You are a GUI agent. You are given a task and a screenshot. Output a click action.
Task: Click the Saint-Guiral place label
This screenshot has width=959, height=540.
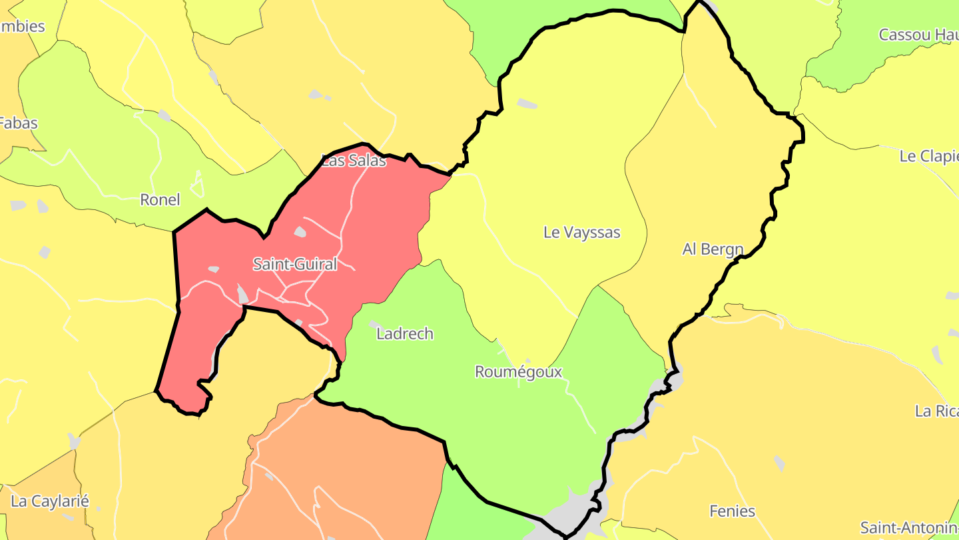pyautogui.click(x=294, y=264)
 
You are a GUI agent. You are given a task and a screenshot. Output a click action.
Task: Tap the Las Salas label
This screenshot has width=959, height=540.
pyautogui.click(x=354, y=161)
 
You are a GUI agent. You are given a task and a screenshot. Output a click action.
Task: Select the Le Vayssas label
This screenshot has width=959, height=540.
pyautogui.click(x=581, y=232)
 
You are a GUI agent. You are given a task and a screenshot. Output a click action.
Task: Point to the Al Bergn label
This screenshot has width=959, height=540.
pyautogui.click(x=713, y=249)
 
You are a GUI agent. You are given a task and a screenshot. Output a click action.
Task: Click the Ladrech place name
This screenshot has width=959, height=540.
pyautogui.click(x=404, y=333)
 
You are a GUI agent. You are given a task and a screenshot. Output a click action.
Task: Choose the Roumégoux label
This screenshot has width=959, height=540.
pyautogui.click(x=518, y=371)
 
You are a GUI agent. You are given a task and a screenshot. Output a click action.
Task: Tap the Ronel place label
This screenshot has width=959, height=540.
pyautogui.click(x=160, y=199)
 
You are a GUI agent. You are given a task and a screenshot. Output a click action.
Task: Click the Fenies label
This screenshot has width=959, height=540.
pyautogui.click(x=732, y=511)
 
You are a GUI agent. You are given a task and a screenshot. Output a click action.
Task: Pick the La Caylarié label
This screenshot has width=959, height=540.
pyautogui.click(x=50, y=501)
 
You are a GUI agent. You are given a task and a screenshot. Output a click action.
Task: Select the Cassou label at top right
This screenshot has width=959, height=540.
pyautogui.click(x=918, y=35)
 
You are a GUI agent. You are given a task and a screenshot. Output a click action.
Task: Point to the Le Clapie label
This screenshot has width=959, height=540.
pyautogui.click(x=928, y=156)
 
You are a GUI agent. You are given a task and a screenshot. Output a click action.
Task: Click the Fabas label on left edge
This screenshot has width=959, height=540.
pyautogui.click(x=19, y=123)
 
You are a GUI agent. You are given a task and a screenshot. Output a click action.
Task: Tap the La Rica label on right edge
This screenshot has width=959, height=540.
pyautogui.click(x=936, y=411)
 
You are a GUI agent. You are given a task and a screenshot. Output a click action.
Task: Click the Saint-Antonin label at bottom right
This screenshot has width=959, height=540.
pyautogui.click(x=908, y=527)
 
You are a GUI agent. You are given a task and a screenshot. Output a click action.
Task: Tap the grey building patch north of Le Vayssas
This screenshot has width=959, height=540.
pyautogui.click(x=527, y=103)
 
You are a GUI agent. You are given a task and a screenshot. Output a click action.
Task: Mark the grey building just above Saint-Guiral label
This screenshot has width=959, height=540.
pyautogui.click(x=300, y=232)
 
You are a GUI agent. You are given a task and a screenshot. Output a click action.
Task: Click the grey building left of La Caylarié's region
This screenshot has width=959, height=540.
pyautogui.click(x=74, y=441)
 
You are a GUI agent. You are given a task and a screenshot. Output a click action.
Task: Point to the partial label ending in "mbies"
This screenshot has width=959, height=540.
pyautogui.click(x=22, y=27)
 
